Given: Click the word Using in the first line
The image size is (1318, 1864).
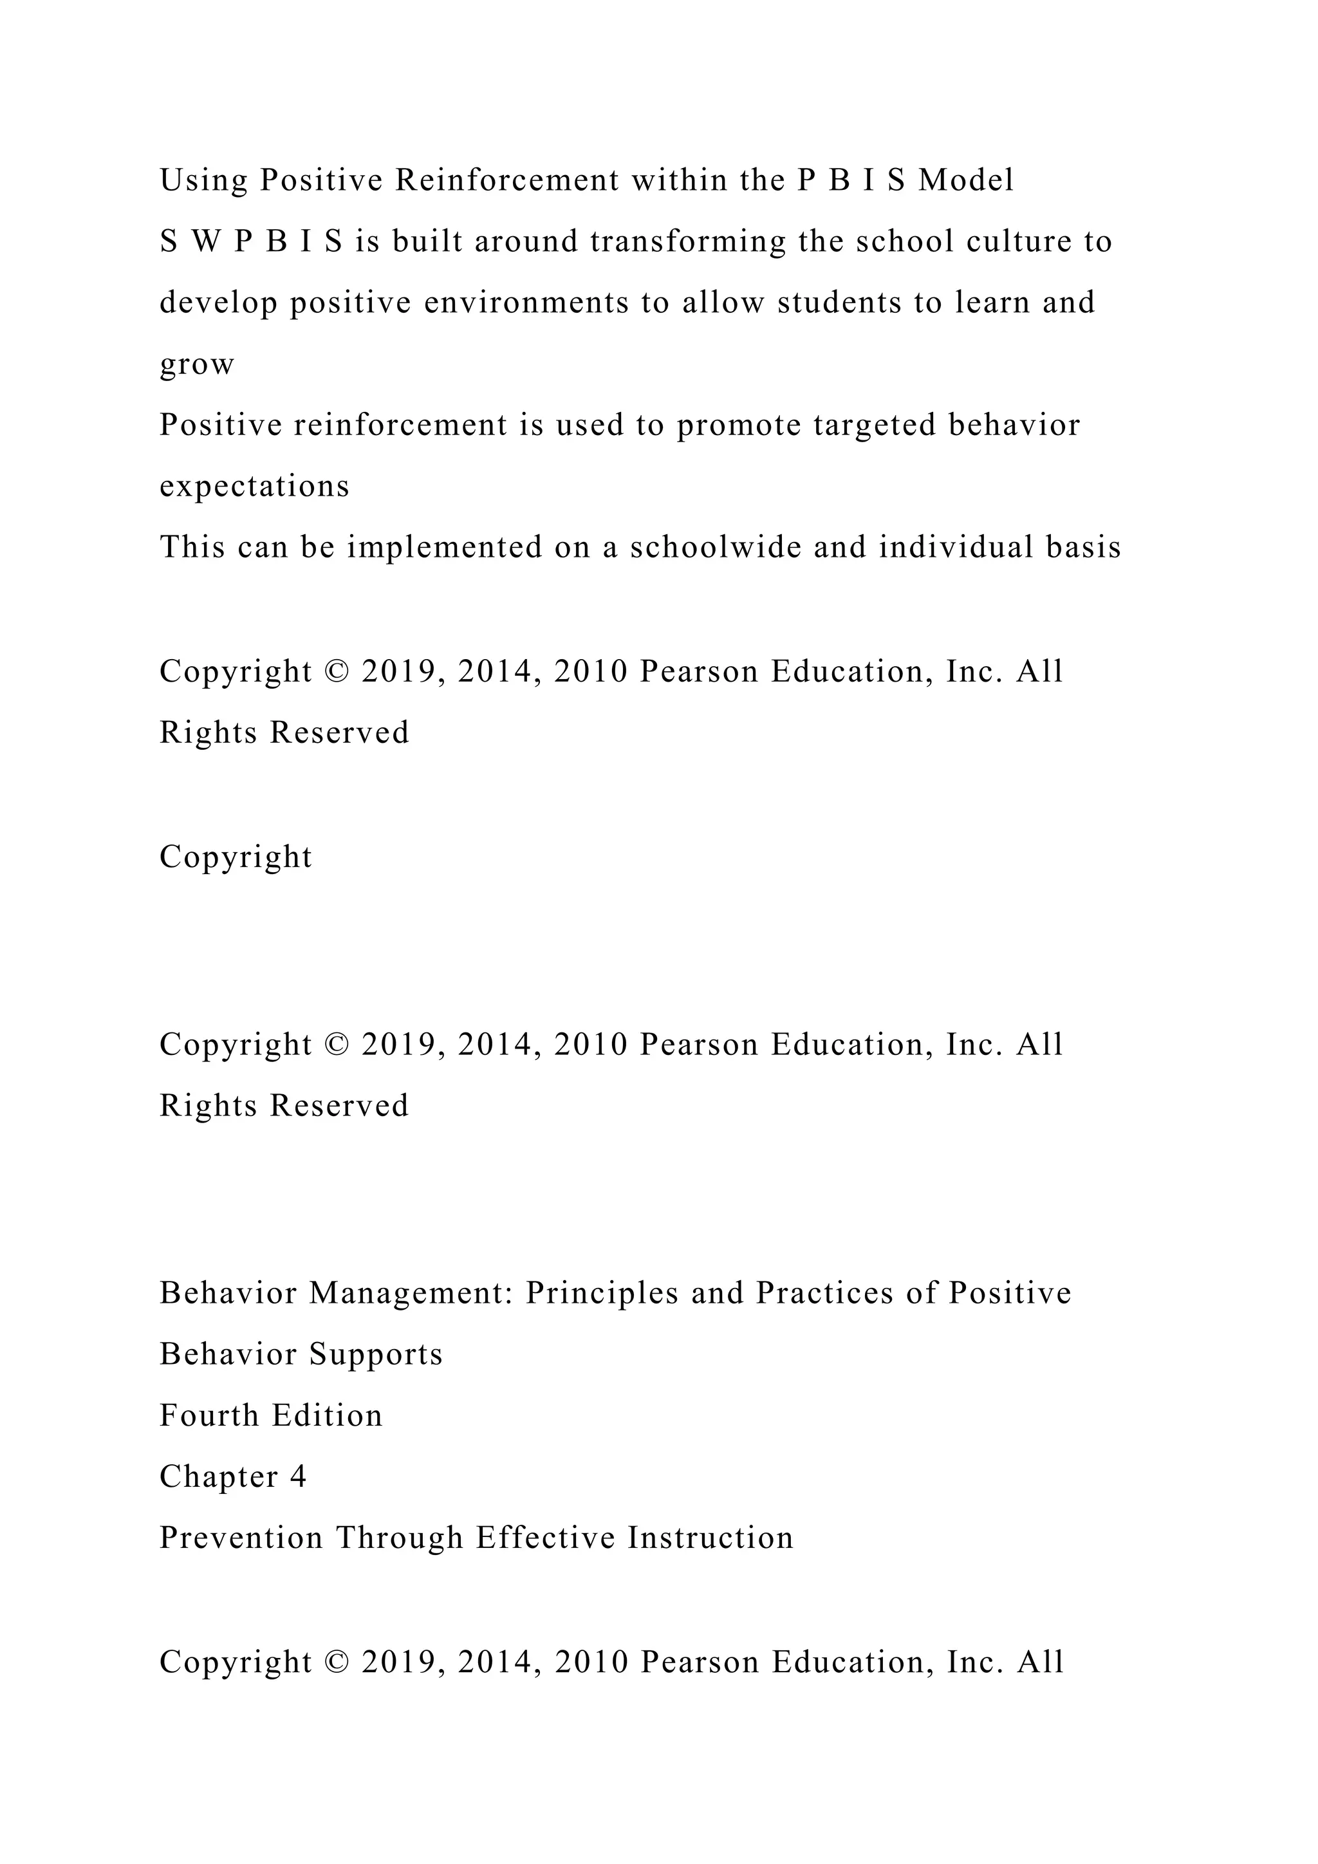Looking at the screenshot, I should point(204,181).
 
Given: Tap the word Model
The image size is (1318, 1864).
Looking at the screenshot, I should point(966,180).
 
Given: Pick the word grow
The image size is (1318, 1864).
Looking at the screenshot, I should point(197,364).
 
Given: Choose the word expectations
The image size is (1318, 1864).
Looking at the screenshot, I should point(254,487).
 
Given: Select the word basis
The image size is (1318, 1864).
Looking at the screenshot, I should point(1084,547).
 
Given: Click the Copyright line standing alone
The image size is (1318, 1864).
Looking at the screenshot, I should point(236,857).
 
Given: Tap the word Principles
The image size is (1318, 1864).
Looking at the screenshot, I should point(602,1293).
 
